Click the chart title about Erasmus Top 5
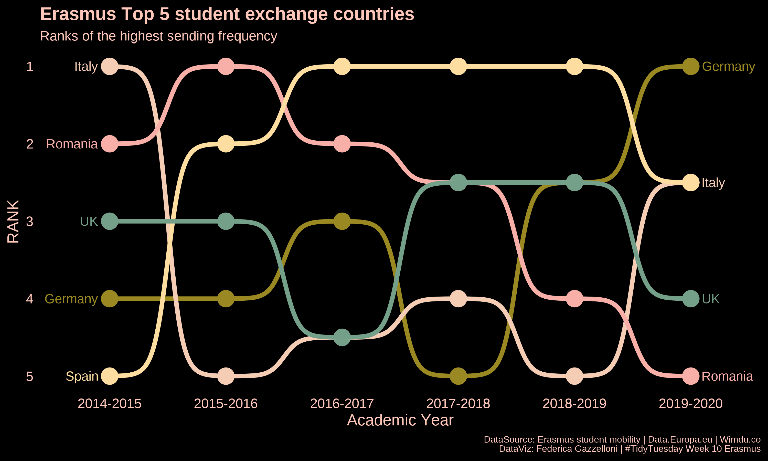227,14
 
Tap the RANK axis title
13,221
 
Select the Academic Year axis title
400,420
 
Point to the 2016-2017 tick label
342,404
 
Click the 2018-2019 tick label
574,404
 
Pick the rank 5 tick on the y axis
29,376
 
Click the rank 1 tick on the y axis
29,67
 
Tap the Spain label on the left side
82,376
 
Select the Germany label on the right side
728,67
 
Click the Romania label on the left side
72,144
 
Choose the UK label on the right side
711,299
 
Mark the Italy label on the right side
713,183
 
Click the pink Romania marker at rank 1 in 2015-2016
226,67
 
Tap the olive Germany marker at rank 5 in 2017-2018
458,376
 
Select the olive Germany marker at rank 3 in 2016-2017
342,221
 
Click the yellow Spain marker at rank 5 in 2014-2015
110,376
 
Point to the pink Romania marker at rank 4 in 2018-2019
574,299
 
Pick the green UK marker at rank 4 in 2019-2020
691,299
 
